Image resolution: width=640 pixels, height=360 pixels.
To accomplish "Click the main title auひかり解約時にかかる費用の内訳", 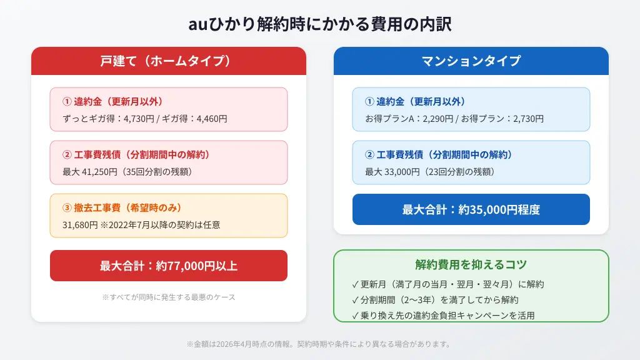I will tap(320, 24).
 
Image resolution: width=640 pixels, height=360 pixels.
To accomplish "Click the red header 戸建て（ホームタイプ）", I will tap(168, 61).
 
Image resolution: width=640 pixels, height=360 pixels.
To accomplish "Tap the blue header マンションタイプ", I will tap(471, 61).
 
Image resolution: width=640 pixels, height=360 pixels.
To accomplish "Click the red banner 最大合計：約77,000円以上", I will tap(168, 266).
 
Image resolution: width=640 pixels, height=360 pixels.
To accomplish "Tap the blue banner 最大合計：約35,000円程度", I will tap(471, 209).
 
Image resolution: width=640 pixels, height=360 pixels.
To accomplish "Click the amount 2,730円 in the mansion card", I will tap(527, 118).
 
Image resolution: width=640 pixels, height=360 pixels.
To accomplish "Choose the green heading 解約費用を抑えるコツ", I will tap(471, 264).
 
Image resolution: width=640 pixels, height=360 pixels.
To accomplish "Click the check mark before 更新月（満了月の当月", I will tap(356, 284).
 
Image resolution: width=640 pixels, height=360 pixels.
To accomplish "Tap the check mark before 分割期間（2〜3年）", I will tap(356, 300).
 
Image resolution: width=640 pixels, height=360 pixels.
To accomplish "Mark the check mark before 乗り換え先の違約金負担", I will tap(356, 316).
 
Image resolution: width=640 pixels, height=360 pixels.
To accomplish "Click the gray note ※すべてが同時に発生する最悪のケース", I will tap(168, 297).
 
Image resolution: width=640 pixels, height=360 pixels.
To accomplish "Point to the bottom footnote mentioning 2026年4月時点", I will tap(319, 344).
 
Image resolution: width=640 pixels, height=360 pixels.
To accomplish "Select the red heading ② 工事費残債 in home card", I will tap(136, 155).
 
